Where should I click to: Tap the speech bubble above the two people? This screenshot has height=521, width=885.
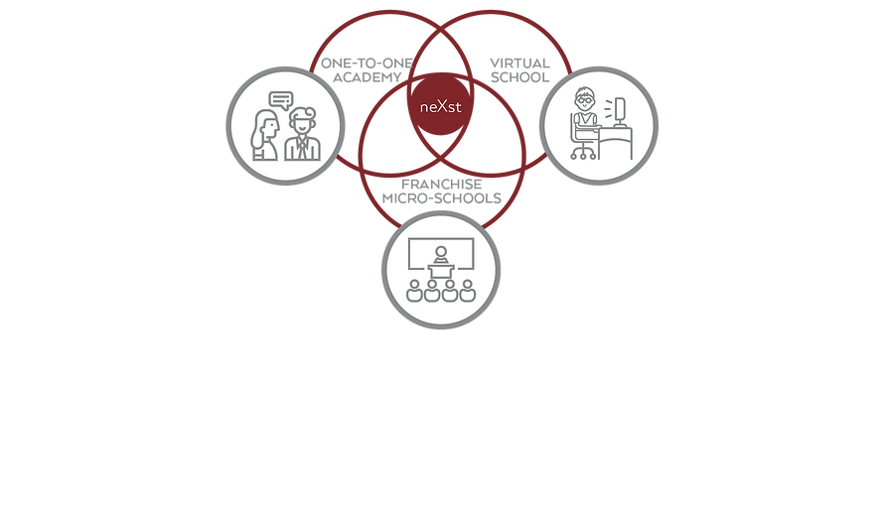280,99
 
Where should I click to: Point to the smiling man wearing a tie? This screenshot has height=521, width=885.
302,134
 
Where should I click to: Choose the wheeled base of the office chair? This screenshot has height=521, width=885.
584,157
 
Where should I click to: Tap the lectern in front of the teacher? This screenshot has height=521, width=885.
441,270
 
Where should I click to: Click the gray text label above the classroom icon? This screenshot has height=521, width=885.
441,191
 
